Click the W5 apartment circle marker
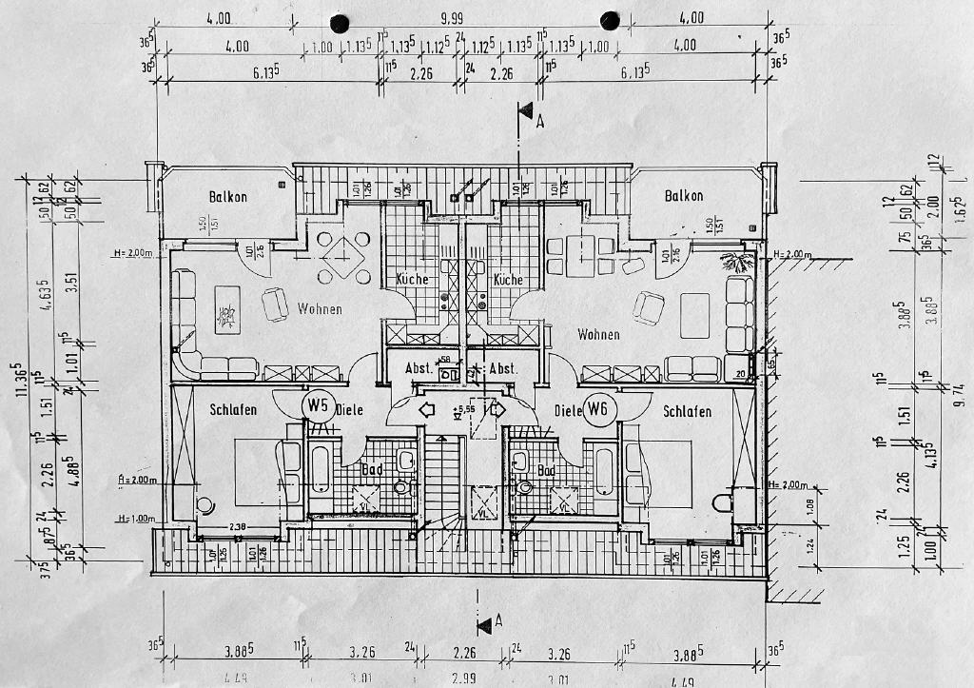[x=317, y=406]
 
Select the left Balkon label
[x=228, y=197]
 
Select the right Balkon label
[x=684, y=196]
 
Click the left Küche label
[x=412, y=280]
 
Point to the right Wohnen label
[x=598, y=335]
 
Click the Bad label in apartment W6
[x=546, y=470]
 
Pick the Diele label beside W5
[x=349, y=411]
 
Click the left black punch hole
[x=338, y=21]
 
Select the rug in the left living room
[x=228, y=310]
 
